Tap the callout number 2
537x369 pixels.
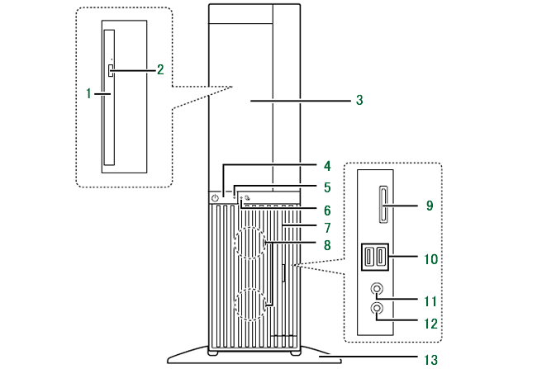pos(160,69)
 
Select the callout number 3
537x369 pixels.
pos(359,100)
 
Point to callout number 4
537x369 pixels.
pos(326,167)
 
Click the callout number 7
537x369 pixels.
pos(326,226)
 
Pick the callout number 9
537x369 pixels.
pos(430,203)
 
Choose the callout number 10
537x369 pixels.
pos(430,258)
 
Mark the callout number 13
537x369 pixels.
pos(430,359)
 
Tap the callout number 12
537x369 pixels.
pos(430,323)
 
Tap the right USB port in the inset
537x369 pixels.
pos(380,258)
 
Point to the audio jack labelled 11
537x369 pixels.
pos(378,290)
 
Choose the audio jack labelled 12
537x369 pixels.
pos(378,310)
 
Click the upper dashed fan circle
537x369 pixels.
pos(253,245)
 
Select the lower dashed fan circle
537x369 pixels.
pos(253,303)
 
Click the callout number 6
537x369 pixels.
pos(326,211)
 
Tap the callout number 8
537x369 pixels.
pos(326,244)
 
